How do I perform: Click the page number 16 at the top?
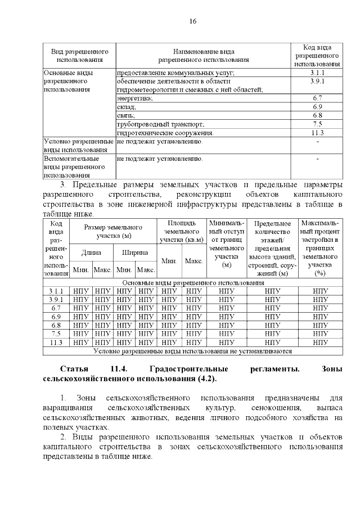[x=192, y=21]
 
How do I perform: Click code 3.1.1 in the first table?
[x=317, y=73]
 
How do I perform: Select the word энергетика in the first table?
[x=134, y=98]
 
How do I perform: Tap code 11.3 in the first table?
[x=317, y=133]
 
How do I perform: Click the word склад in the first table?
[x=126, y=107]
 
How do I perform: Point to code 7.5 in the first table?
[x=317, y=124]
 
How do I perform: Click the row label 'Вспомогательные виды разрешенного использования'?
[x=67, y=167]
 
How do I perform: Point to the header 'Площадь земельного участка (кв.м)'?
[x=182, y=231]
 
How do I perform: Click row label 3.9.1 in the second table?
[x=56, y=300]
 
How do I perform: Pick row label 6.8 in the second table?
[x=56, y=325]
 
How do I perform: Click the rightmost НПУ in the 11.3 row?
[x=320, y=342]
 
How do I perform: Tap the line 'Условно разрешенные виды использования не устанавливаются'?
[x=192, y=351]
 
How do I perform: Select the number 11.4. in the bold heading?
[x=119, y=370]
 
